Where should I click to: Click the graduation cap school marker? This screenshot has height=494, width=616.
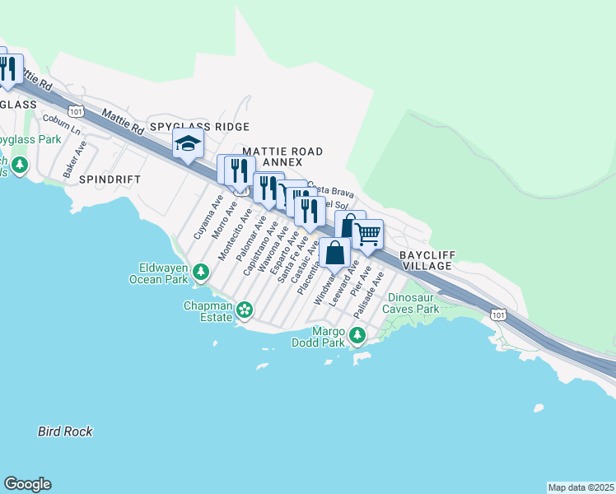(x=188, y=145)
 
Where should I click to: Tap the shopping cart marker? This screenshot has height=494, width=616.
(x=368, y=234)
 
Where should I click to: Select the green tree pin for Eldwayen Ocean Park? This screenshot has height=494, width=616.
(x=200, y=271)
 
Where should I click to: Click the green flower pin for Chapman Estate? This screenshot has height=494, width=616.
(x=244, y=310)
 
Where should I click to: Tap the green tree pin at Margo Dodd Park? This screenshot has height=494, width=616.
(x=357, y=335)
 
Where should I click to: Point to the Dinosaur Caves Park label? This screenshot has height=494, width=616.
(x=414, y=303)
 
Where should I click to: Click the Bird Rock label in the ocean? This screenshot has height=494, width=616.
(x=65, y=431)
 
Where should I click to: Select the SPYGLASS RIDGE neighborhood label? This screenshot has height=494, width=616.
(x=199, y=127)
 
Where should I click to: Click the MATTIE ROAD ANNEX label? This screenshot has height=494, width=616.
(x=282, y=157)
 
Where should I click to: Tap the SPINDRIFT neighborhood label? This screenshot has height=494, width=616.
(x=110, y=179)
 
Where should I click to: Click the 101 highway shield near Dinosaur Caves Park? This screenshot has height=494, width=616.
(x=497, y=315)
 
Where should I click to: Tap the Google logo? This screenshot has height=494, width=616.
(x=27, y=484)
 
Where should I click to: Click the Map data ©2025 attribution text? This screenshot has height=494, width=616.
(x=581, y=487)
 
